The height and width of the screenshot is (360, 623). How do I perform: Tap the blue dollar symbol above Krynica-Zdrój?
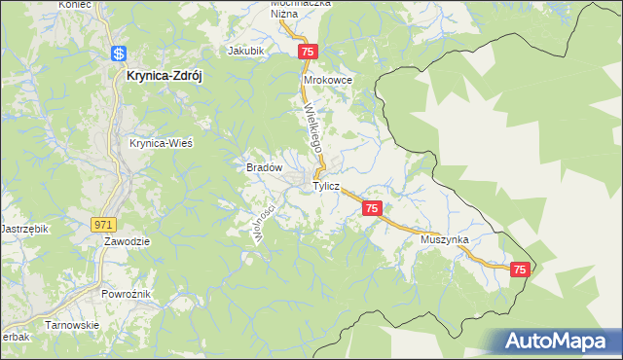pos(118,54)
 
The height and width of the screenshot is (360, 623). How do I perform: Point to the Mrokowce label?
pos(327,80)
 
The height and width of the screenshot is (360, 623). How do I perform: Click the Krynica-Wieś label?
pos(161,142)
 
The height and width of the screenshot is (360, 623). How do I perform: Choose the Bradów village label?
pos(263,167)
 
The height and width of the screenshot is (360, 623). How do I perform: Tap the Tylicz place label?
pos(325,185)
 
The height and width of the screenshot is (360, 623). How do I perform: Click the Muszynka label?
pos(445,238)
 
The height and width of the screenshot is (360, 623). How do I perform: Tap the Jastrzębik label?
pos(23,227)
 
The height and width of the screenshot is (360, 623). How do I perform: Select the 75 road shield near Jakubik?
pos(308,51)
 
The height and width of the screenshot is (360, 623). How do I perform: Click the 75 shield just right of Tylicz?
pos(371,208)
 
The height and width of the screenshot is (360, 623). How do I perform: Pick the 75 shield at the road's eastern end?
pos(520,270)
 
